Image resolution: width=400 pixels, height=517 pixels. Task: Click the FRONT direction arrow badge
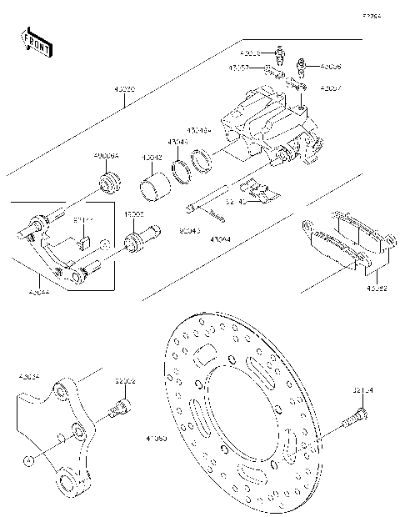(x=37, y=43)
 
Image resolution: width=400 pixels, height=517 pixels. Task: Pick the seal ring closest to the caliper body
(x=201, y=159)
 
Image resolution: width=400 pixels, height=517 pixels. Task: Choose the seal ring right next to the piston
(x=179, y=173)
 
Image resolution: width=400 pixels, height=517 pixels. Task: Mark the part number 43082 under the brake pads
(x=377, y=288)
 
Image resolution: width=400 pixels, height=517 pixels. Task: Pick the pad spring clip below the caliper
(x=262, y=193)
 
